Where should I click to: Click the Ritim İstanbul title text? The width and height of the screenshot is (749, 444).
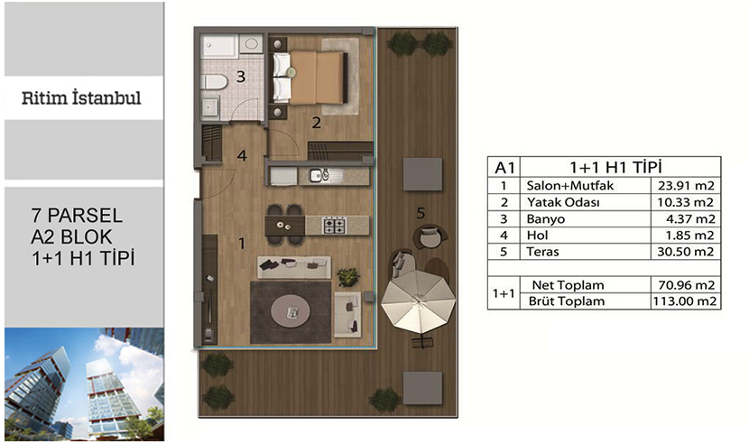coord(81,98)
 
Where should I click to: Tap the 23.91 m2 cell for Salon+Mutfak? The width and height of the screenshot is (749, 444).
coord(686,185)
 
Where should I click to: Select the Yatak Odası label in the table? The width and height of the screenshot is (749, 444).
coord(563,202)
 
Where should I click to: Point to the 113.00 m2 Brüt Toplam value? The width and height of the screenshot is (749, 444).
coord(686,301)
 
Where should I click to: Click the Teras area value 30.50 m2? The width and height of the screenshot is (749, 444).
coord(686,252)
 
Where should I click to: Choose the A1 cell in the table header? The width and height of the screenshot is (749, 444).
coord(504,167)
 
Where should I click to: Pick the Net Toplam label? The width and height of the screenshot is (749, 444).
coord(568,285)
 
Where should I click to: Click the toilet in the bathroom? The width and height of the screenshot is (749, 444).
coord(214,82)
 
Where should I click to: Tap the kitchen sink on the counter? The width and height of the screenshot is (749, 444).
coord(319,175)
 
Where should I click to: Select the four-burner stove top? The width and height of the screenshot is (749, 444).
coord(334,225)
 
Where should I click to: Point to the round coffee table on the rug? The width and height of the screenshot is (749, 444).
coord(291,311)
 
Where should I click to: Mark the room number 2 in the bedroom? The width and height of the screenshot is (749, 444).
coord(316,123)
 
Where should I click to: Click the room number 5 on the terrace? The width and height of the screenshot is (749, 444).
coord(421,213)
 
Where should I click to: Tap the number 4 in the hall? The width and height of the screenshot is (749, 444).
coord(242,155)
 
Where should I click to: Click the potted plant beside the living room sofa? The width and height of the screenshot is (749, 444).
coord(348,277)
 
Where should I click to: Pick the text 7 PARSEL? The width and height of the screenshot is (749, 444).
coord(77,216)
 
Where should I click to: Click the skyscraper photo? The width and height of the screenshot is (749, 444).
coord(84,384)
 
